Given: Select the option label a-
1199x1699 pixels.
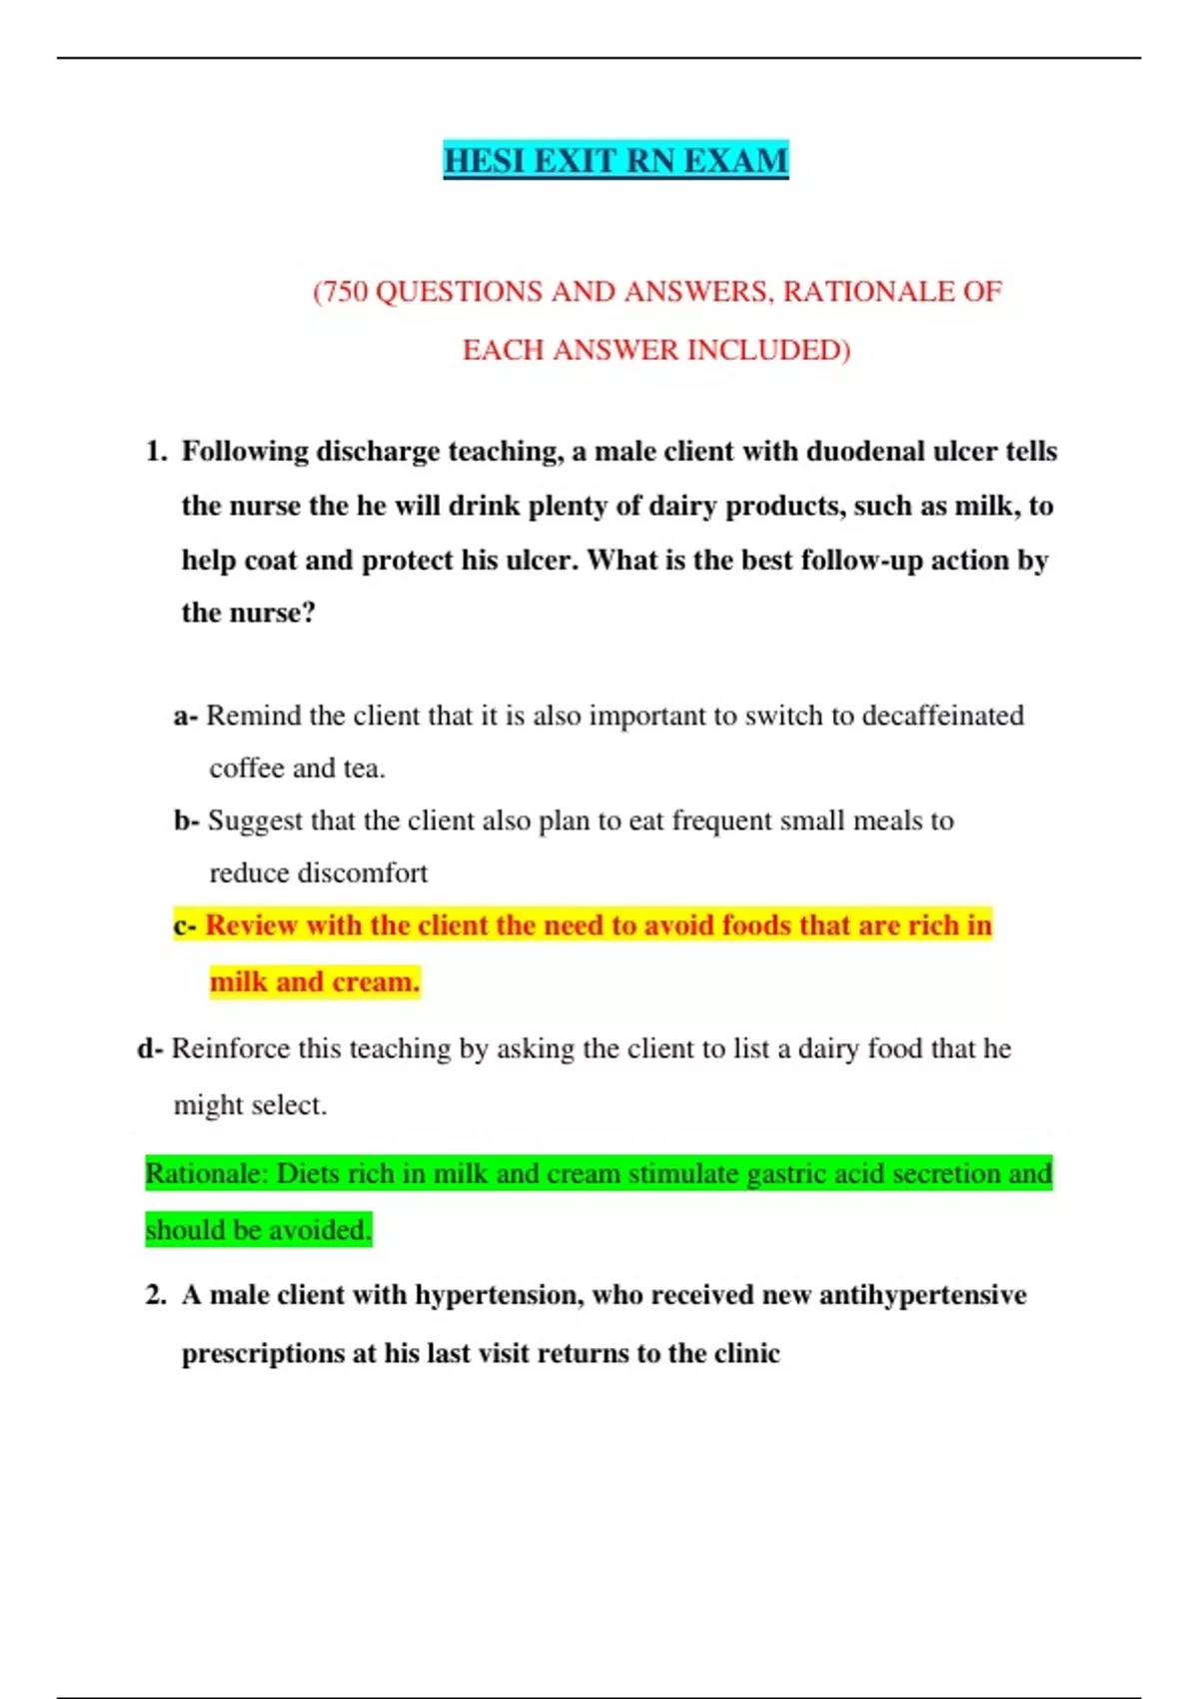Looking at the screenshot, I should [186, 717].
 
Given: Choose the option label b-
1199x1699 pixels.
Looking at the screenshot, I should [187, 822].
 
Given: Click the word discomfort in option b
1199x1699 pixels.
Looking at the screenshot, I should [369, 873].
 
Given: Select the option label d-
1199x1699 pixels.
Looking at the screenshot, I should [150, 1049].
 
